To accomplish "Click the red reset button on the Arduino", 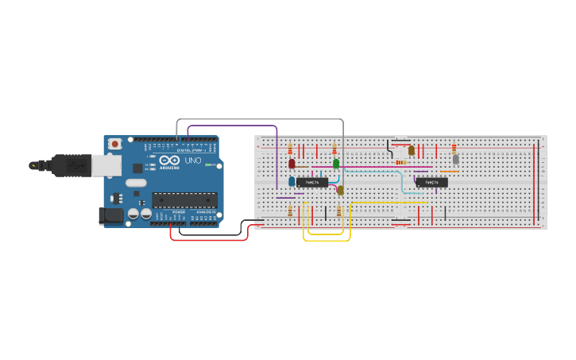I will point(115,144).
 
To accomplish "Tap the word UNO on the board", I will point(193,160).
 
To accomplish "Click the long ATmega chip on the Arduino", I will point(184,199).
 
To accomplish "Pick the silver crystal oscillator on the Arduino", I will point(136,183).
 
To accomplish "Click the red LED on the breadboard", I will point(292,164).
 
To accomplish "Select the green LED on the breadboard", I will point(336,164).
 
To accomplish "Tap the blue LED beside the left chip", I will point(292,181).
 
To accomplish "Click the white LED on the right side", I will point(455,159).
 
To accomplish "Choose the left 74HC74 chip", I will point(312,182).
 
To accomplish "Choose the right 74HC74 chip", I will point(431,182).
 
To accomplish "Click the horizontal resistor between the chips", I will point(401,162).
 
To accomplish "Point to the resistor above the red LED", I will point(290,150).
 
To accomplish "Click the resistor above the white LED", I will point(454,148).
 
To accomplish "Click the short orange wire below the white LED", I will point(450,171).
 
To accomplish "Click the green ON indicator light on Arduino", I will point(207,165).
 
